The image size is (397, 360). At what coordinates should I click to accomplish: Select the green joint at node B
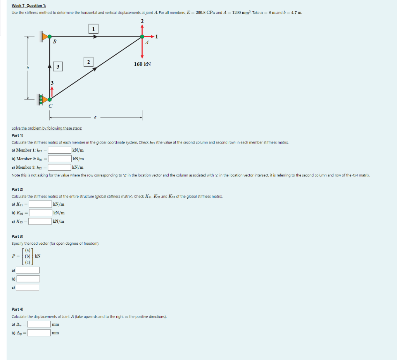click(x=50, y=36)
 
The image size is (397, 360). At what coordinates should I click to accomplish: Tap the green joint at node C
click(x=50, y=99)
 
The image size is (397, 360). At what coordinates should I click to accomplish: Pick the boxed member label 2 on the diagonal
click(x=88, y=62)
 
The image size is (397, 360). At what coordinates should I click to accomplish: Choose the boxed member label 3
click(x=57, y=67)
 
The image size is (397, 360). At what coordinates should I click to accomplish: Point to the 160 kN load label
click(x=142, y=64)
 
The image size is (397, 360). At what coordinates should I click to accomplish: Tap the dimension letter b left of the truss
click(x=27, y=67)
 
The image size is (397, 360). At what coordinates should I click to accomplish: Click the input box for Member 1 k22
click(x=59, y=150)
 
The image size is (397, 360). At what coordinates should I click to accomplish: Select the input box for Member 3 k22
click(x=59, y=167)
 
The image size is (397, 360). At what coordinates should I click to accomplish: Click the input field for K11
click(x=40, y=204)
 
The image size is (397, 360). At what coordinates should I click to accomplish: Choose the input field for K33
click(x=40, y=221)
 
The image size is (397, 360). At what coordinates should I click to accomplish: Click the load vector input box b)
click(x=28, y=279)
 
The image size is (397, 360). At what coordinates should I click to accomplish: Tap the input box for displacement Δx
click(x=39, y=324)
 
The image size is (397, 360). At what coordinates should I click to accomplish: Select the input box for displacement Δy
click(x=39, y=332)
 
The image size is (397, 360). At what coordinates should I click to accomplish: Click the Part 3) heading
click(x=18, y=236)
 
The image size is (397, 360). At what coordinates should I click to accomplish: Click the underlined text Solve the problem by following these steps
click(x=47, y=128)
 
